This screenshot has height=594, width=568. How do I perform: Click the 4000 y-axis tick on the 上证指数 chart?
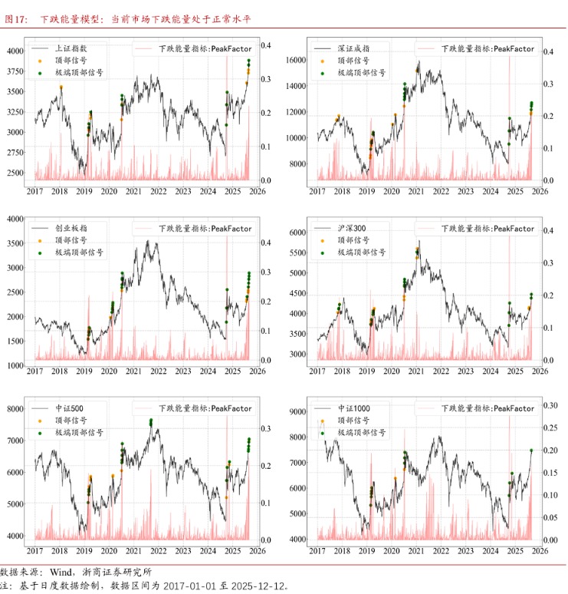(15, 51)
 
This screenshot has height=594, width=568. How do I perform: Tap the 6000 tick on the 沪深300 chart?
(297, 232)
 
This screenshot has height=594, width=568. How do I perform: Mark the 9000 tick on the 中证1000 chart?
(297, 412)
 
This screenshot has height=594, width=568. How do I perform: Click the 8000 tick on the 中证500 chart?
(15, 409)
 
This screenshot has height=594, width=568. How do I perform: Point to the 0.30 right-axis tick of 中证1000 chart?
(550, 405)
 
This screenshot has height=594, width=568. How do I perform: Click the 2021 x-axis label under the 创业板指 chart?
(133, 371)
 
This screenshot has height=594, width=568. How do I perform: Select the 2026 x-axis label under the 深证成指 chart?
(539, 191)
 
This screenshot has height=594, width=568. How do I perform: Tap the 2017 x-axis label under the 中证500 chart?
(34, 551)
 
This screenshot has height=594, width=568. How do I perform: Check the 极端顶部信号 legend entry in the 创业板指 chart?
(79, 252)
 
